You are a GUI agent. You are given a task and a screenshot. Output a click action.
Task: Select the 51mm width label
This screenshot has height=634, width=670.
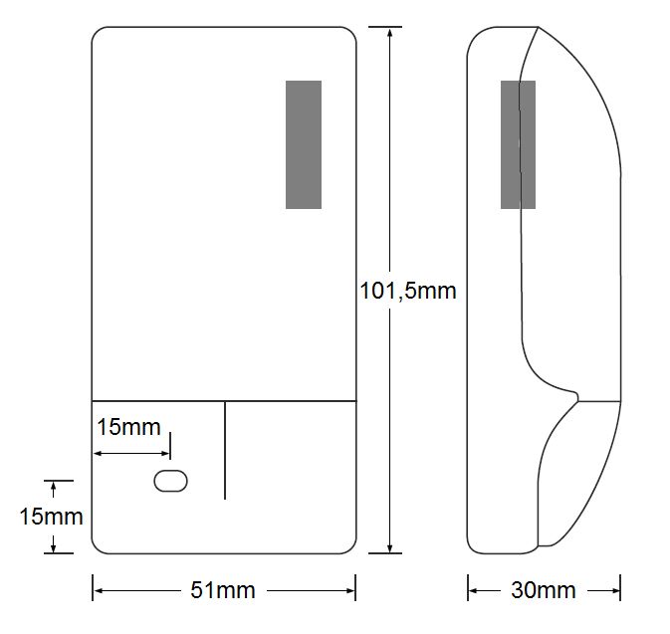pyautogui.click(x=222, y=590)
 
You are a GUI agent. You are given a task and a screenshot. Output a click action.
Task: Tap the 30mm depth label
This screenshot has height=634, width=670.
pyautogui.click(x=543, y=590)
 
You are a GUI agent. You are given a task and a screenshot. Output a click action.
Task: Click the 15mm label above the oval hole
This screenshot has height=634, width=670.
pyautogui.click(x=127, y=427)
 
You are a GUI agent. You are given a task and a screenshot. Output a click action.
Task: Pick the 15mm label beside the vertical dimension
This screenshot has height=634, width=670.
pyautogui.click(x=51, y=517)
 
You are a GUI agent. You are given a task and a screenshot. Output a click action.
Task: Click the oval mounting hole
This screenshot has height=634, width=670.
pyautogui.click(x=170, y=481)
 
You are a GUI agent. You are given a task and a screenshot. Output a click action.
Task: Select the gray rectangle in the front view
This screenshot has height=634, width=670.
pyautogui.click(x=304, y=144)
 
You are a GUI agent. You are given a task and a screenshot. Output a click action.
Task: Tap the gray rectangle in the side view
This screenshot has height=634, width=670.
pyautogui.click(x=518, y=144)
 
